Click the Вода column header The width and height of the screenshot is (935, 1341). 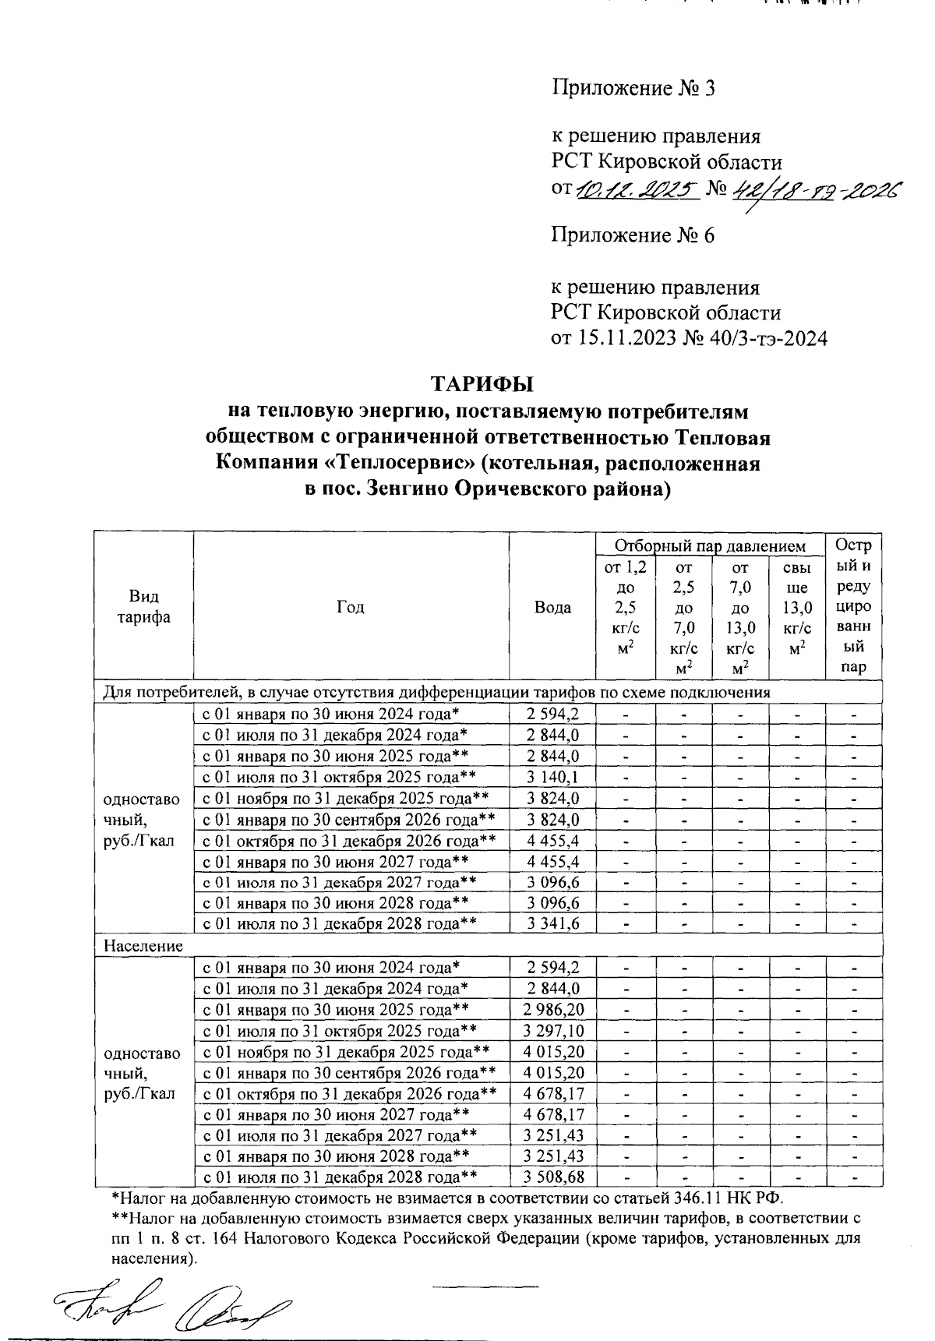552,608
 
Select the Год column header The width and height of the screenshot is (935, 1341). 351,608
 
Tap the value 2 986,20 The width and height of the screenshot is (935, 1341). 554,1010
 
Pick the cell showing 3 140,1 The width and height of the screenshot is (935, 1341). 552,777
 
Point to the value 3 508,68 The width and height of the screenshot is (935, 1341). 554,1177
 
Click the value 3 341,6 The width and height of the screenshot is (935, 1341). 552,923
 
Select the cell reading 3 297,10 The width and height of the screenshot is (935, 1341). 554,1031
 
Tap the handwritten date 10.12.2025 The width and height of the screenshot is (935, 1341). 637,189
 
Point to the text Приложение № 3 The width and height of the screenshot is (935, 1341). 633,88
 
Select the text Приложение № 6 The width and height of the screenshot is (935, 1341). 633,235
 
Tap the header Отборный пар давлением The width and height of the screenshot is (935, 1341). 710,545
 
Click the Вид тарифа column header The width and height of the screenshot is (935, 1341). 144,608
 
